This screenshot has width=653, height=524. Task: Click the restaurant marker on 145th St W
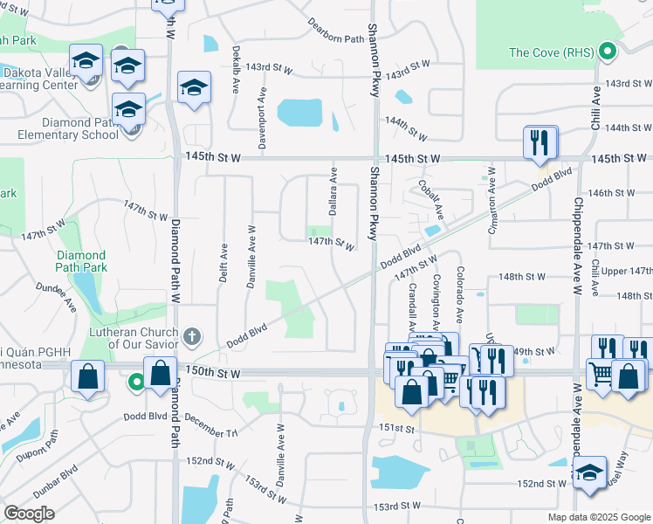[540, 141]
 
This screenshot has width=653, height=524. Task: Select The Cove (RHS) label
[553, 52]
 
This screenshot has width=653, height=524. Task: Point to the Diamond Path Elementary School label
[68, 128]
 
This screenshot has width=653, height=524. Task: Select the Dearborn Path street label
[335, 31]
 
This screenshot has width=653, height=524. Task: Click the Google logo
[29, 514]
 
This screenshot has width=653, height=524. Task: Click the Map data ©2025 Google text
[598, 517]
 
